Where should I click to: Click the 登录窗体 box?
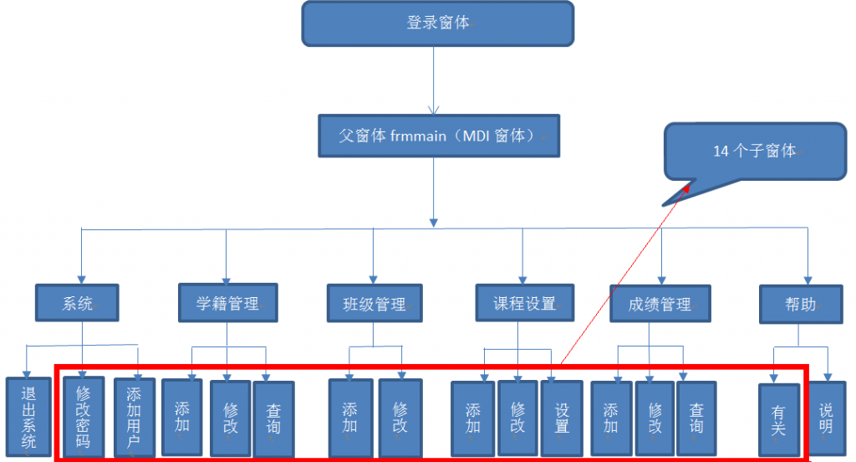437,23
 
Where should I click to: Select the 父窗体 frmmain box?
437,136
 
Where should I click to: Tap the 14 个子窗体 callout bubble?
754,151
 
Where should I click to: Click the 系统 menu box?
77,304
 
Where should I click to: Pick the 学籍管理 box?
227,304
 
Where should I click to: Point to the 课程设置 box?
524,303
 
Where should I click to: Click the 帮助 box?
801,304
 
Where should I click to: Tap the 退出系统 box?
29,417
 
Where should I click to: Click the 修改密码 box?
83,416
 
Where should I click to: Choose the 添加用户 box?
134,416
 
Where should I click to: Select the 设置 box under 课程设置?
562,418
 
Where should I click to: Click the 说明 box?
826,417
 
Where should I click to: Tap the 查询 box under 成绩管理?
696,418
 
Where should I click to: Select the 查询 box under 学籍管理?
273,418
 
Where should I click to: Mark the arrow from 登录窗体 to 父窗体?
433,80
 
